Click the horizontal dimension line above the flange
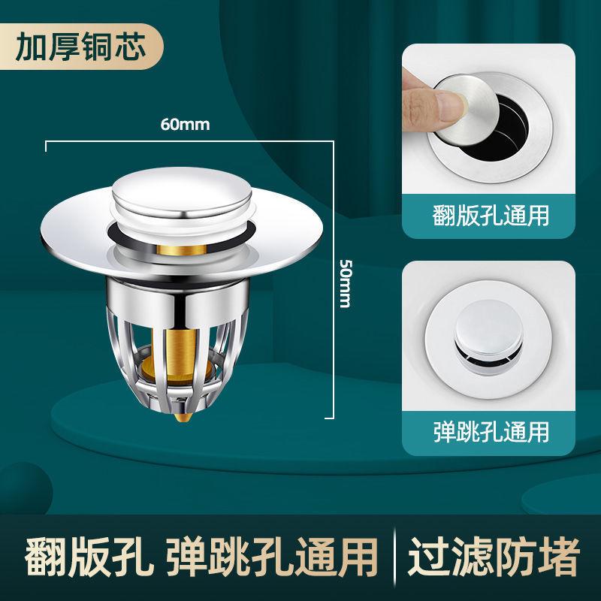pyautogui.click(x=188, y=140)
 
